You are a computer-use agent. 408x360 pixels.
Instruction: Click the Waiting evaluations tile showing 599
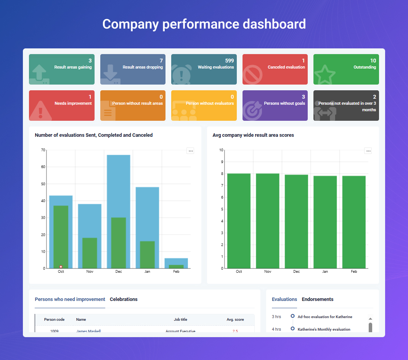204,69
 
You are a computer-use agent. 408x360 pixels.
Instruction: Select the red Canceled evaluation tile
275,69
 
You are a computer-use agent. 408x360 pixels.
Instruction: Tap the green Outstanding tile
346,69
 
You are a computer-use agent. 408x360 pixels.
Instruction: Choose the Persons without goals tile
275,105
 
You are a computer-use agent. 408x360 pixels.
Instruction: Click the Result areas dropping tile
133,69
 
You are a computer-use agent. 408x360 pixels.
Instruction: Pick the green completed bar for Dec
118,244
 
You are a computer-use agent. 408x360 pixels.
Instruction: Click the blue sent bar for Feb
176,261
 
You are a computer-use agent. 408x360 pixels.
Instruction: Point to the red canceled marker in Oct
61,267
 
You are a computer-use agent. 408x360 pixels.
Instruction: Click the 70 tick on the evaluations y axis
43,150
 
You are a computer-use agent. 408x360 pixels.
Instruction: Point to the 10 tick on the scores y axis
221,150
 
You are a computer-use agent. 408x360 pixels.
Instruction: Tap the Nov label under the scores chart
268,272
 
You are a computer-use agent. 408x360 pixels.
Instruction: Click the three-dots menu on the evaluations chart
191,151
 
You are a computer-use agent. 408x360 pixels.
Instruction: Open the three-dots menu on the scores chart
368,151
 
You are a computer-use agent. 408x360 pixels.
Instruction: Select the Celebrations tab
124,299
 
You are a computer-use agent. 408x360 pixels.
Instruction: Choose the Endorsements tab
317,299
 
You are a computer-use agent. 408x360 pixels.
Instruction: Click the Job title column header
180,320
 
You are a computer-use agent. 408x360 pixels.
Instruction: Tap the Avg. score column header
235,320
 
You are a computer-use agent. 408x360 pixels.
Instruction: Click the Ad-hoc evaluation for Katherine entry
324,317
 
